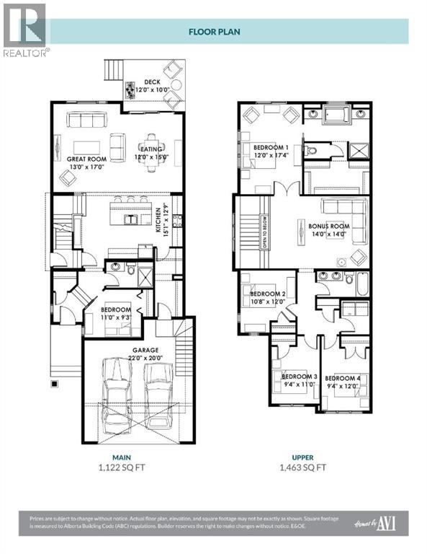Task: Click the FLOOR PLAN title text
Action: point(214,31)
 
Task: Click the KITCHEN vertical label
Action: point(158,220)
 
